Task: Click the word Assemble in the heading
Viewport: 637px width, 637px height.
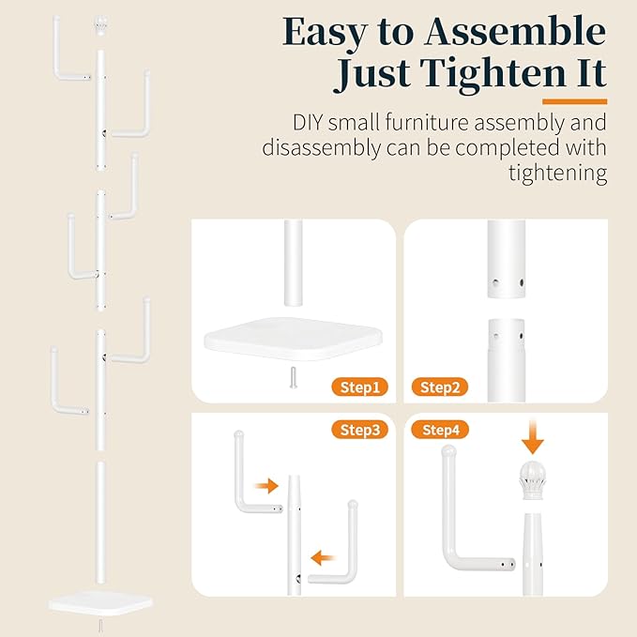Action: click(514, 33)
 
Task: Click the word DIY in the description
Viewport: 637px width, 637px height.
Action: click(311, 123)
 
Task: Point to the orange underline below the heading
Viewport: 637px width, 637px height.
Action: click(574, 100)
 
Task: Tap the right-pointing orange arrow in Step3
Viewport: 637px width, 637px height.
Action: click(267, 485)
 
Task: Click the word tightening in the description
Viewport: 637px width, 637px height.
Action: click(548, 174)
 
